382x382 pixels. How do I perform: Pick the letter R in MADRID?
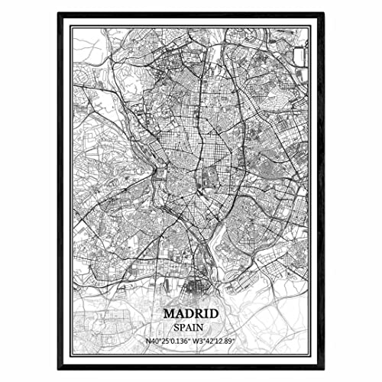(195, 313)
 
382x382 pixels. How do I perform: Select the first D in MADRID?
(186, 313)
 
